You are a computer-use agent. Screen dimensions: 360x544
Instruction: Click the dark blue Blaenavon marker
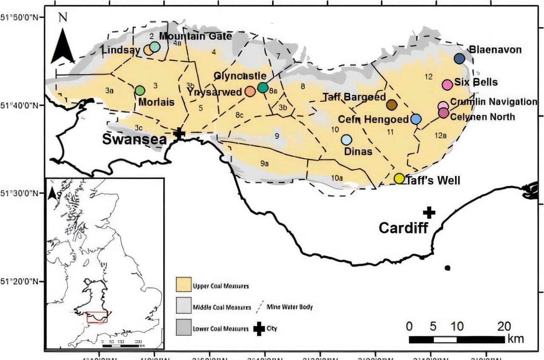pyautogui.click(x=459, y=58)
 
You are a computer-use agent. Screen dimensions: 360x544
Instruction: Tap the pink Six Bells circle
pyautogui.click(x=447, y=84)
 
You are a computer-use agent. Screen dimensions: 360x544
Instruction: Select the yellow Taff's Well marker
pyautogui.click(x=399, y=178)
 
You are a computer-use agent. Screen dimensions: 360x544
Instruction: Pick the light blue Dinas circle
pyautogui.click(x=346, y=139)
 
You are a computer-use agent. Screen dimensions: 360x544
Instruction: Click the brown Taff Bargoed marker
pyautogui.click(x=391, y=105)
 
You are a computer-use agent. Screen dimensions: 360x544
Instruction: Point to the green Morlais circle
pyautogui.click(x=140, y=90)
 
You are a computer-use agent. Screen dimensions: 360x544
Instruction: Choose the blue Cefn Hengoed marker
pyautogui.click(x=416, y=119)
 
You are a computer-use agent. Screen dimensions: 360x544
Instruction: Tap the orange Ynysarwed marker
pyautogui.click(x=250, y=91)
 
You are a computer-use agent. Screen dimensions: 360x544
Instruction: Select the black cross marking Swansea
pyautogui.click(x=179, y=133)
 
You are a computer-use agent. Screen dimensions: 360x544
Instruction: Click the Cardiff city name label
pyautogui.click(x=403, y=228)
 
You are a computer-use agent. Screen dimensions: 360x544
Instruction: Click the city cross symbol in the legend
pyautogui.click(x=258, y=329)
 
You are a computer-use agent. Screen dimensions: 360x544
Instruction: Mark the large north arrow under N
pyautogui.click(x=63, y=46)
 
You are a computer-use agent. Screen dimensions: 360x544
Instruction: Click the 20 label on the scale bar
pyautogui.click(x=504, y=327)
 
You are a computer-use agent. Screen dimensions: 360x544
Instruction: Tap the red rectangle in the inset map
pyautogui.click(x=97, y=317)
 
